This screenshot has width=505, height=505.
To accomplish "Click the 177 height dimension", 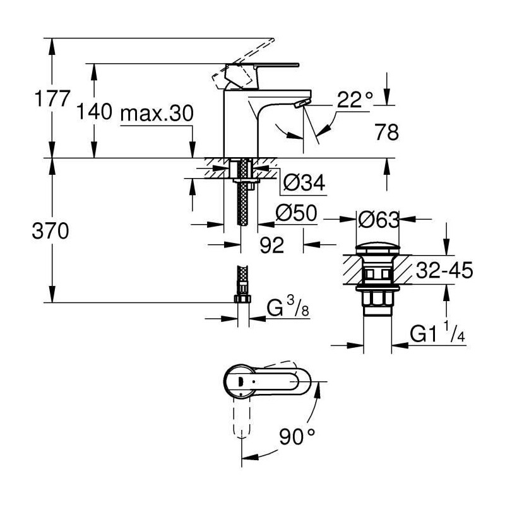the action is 52,98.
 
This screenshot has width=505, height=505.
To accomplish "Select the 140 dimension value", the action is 94,112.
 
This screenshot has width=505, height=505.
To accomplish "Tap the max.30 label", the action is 157,113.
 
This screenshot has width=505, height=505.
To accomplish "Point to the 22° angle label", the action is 355,100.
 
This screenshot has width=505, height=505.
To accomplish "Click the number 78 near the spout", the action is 386,132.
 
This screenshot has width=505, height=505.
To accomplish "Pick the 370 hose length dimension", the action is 50,231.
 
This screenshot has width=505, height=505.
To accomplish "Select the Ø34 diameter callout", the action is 304,182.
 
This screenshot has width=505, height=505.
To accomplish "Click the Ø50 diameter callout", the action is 296,213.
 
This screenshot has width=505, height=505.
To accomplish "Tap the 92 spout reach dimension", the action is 272,245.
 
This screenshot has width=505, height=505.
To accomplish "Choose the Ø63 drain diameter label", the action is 378,220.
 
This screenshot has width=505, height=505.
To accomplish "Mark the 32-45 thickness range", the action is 444,270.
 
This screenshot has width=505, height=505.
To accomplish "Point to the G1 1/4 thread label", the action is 437,333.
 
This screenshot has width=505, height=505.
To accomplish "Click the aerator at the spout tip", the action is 302,103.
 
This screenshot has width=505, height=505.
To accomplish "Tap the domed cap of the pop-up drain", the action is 377,249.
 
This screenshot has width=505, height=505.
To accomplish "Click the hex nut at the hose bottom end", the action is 242,298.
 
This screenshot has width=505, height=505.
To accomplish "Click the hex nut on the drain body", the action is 377,299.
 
